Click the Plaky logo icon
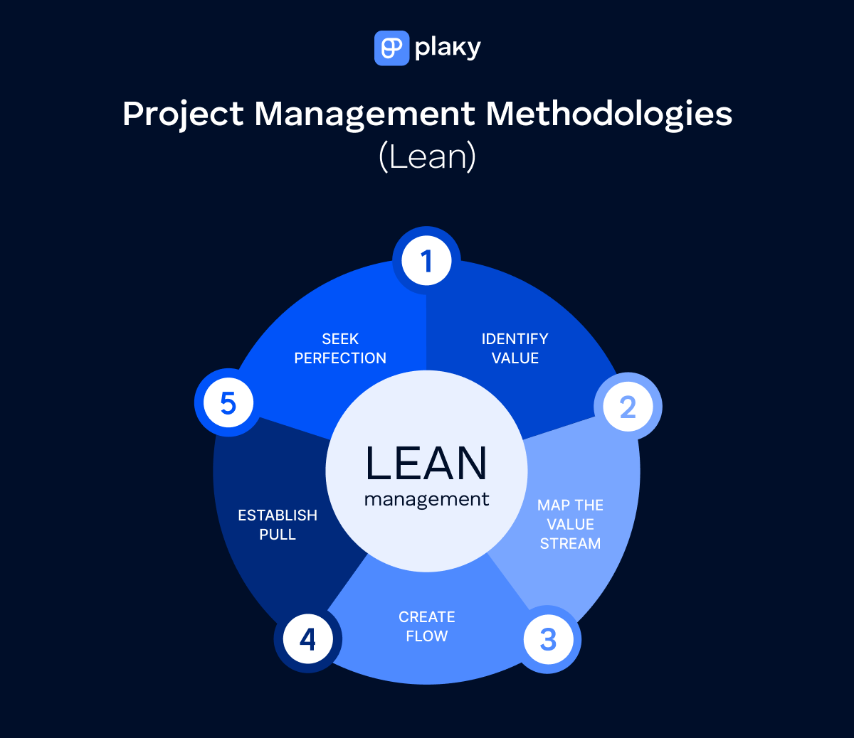click(391, 48)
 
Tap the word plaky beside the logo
click(448, 48)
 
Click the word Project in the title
click(183, 114)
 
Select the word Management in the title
click(364, 114)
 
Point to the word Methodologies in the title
click(609, 114)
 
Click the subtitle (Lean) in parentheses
click(427, 156)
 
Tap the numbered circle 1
click(427, 261)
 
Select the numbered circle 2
click(628, 407)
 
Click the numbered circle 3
click(548, 639)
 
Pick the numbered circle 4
click(307, 639)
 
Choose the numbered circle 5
click(228, 403)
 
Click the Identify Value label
click(515, 348)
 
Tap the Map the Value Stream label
click(570, 524)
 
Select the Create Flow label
click(427, 626)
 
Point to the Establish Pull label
click(278, 525)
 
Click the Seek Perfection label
click(340, 348)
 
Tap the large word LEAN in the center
click(426, 464)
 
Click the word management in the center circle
click(426, 500)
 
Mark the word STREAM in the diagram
click(570, 544)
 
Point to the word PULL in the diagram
click(278, 535)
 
